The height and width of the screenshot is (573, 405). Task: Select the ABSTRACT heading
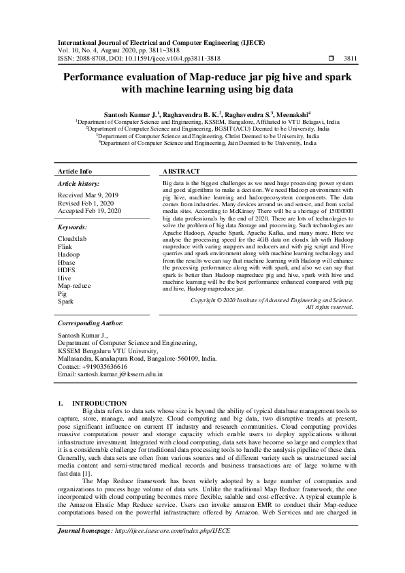click(182, 171)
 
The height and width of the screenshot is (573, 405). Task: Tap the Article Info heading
click(75, 171)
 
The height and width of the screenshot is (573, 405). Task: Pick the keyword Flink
click(65, 247)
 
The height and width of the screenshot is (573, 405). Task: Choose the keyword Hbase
click(67, 263)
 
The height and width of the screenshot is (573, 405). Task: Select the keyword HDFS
click(67, 270)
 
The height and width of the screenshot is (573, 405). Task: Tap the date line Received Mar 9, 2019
click(88, 195)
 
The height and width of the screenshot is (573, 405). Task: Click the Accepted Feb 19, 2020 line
click(90, 211)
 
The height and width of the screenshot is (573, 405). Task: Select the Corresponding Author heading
click(91, 324)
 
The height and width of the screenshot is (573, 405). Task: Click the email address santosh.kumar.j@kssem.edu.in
click(110, 374)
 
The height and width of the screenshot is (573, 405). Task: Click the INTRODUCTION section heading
click(99, 404)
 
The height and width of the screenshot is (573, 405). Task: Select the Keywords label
click(73, 227)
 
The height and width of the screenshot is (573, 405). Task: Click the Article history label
click(78, 184)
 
